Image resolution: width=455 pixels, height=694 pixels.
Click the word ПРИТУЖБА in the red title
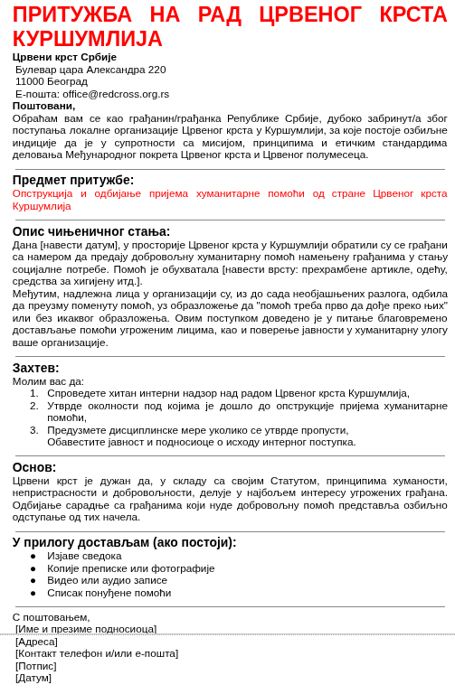72,15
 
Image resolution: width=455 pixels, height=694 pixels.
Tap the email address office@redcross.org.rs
116,94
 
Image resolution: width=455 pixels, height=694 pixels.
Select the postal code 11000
29,81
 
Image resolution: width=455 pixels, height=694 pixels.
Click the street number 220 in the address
156,70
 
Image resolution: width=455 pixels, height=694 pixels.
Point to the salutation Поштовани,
43,106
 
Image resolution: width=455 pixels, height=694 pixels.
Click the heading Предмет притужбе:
73,180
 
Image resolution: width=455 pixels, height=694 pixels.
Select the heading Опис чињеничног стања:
91,231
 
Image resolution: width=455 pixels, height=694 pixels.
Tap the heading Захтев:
36,368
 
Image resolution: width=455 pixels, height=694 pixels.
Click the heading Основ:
34,467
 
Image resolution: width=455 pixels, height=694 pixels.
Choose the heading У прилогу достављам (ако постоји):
124,542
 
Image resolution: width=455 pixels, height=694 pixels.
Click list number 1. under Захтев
34,393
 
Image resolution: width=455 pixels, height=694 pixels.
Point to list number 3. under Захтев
34,430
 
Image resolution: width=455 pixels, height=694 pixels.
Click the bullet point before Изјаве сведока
33,556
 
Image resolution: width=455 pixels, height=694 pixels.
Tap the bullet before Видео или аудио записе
33,580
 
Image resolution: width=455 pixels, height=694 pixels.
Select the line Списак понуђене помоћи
109,593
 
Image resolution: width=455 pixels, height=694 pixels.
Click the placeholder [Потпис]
36,666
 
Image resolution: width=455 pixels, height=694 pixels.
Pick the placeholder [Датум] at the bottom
33,678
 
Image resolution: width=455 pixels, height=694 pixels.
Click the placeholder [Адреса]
36,642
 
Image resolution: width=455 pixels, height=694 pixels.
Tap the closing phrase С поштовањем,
52,617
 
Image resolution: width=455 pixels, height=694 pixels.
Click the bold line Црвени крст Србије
64,57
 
